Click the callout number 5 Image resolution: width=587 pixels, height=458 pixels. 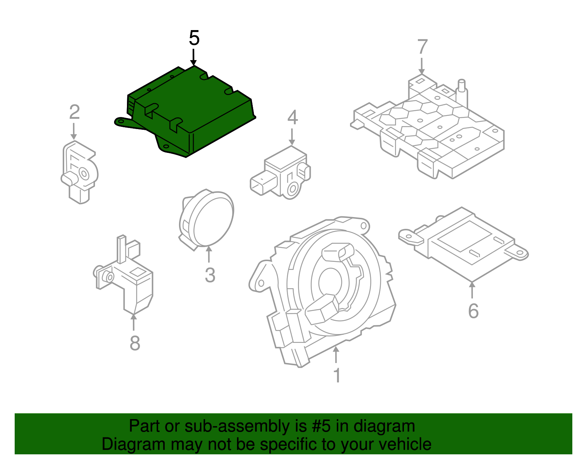(x=194, y=38)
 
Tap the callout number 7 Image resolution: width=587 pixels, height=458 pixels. (x=422, y=47)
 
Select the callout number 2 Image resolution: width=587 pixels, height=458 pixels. (x=74, y=112)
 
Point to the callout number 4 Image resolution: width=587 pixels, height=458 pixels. (x=292, y=118)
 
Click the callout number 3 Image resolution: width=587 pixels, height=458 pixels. (x=210, y=275)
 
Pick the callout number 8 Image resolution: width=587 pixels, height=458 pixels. (x=135, y=343)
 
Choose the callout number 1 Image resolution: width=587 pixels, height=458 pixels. (x=337, y=375)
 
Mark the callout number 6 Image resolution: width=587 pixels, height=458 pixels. (x=473, y=311)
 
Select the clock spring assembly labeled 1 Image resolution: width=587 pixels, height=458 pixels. (x=323, y=290)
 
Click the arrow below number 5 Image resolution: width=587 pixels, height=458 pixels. (x=193, y=58)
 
